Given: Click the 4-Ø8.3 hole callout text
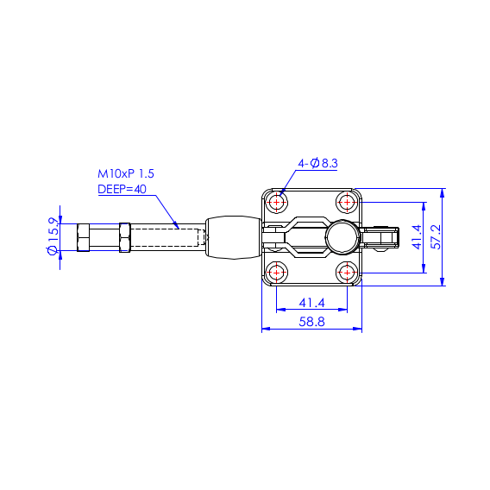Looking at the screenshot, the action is [x=317, y=163].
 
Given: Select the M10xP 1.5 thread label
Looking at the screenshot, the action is [x=126, y=173].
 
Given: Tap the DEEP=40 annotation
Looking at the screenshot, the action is [x=122, y=190].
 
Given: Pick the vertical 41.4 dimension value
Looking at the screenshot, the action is [x=417, y=237].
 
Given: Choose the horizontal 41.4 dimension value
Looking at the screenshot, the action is [x=311, y=303].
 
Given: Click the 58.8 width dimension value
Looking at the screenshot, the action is [x=311, y=322].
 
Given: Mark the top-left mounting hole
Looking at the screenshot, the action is [x=277, y=202].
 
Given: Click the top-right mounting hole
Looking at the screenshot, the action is [x=347, y=202].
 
